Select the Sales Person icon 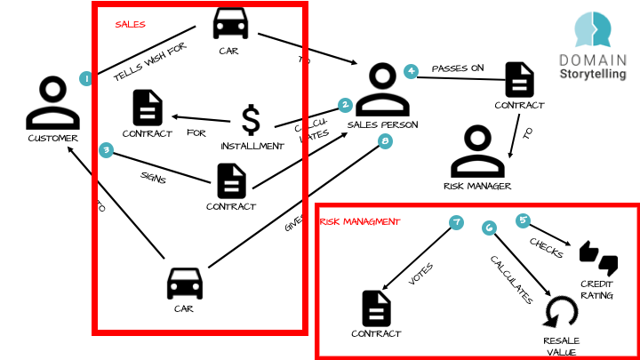(x=381, y=88)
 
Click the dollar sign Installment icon (x=252, y=120)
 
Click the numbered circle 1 (x=86, y=78)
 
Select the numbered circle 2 (x=346, y=104)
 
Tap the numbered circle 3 (x=106, y=150)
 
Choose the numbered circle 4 (x=411, y=71)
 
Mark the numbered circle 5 (x=523, y=220)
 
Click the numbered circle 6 (x=488, y=228)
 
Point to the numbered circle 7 (x=457, y=222)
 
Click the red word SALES (x=130, y=25)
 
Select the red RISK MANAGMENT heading (x=359, y=221)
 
